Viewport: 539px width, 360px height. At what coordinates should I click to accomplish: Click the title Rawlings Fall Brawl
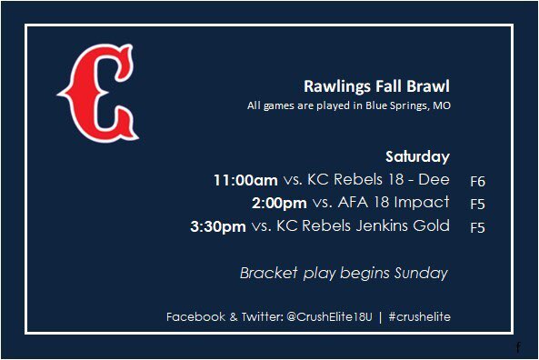coord(376,87)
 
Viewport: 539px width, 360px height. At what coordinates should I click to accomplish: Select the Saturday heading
coord(417,155)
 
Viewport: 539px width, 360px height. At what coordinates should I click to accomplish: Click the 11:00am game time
coord(245,180)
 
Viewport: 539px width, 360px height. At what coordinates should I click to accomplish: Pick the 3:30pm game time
coord(218,226)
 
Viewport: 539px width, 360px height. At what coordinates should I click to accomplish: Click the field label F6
coord(477,181)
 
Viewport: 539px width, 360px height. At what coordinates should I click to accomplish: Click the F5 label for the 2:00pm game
coord(477,204)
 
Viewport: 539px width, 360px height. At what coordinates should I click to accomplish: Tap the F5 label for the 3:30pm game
coord(477,227)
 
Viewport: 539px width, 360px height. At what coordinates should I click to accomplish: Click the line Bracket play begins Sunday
coord(344,273)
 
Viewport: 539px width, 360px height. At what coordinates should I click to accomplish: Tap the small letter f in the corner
coord(517,347)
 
